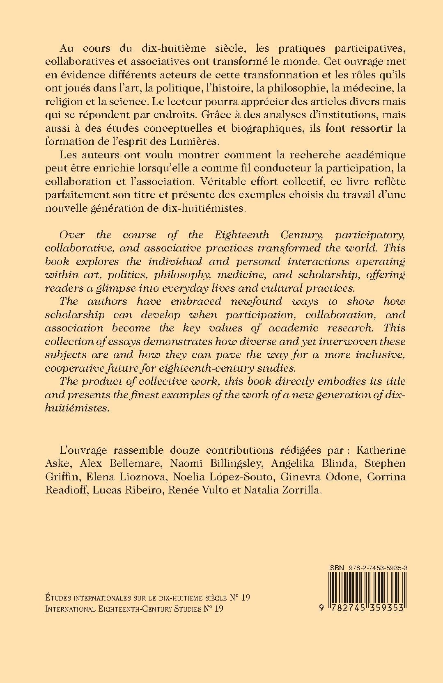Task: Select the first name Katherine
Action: pyautogui.click(x=381, y=450)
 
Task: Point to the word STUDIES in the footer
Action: pyautogui.click(x=179, y=609)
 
